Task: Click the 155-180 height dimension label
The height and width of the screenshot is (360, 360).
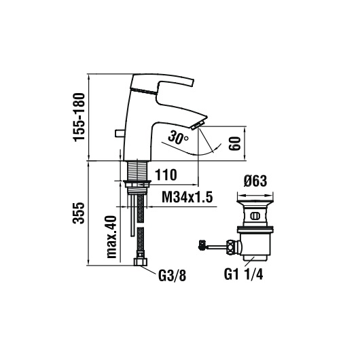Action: point(79,117)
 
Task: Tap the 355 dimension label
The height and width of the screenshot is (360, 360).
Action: point(79,213)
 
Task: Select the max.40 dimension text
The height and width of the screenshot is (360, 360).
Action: point(112,236)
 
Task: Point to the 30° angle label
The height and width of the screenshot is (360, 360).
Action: point(178,137)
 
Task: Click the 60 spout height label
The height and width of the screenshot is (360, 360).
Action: point(234,143)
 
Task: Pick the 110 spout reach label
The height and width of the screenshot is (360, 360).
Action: point(166,175)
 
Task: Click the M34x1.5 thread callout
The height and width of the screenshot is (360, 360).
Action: point(187,197)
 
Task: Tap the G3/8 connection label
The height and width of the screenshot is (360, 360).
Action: point(172,275)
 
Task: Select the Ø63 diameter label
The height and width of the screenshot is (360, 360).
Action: point(255,181)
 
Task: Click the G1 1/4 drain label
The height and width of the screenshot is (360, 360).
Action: point(244,274)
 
